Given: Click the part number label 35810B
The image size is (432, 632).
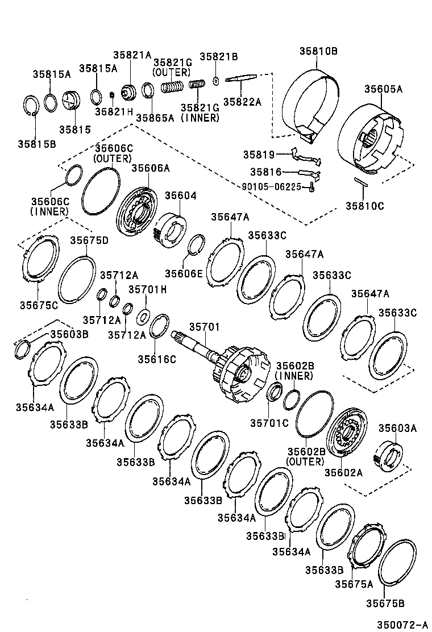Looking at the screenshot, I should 319,52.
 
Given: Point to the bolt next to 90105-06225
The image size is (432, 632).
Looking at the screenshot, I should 311,186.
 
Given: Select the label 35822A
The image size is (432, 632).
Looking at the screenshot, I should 242,102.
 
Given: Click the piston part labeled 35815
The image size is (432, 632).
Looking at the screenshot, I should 72,102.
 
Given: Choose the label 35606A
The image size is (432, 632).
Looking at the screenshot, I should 151,168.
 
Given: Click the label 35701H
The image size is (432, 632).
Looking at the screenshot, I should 147,289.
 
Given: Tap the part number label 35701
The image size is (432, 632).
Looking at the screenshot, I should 204,328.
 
